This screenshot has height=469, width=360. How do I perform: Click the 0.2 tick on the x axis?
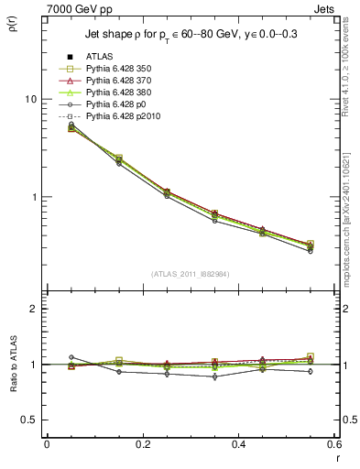142,444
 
